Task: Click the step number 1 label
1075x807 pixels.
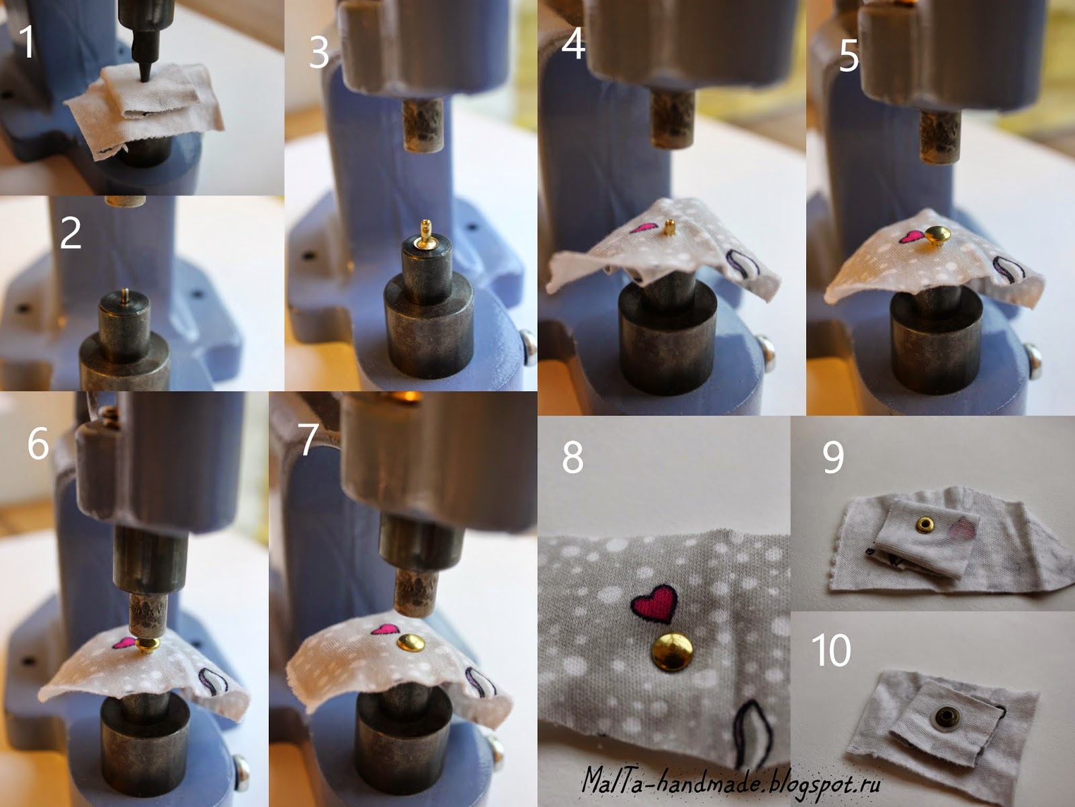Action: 27,42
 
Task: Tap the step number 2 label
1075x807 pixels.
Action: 71,233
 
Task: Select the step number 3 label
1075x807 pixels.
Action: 319,53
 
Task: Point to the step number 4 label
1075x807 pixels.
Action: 574,44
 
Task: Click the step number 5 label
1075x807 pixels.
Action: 849,57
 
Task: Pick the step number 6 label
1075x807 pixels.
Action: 38,443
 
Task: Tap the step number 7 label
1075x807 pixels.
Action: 308,440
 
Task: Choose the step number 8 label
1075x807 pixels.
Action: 572,457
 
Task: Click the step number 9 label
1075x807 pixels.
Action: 833,458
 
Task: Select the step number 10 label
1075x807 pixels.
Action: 831,650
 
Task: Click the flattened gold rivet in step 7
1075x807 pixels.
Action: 411,642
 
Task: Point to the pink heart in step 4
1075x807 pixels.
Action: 642,228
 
